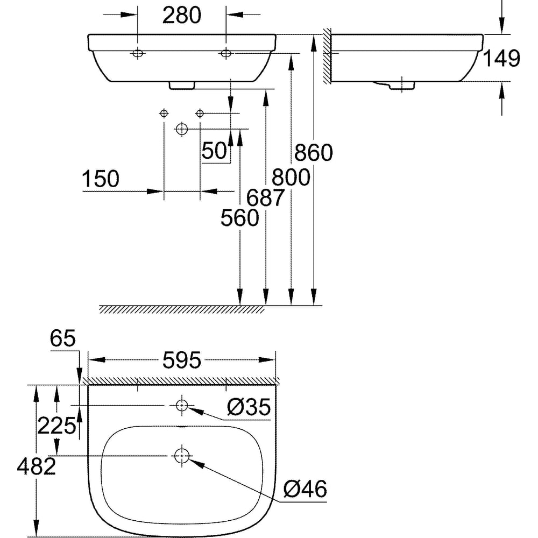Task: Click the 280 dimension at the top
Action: tap(181, 16)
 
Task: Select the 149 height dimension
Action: tap(501, 58)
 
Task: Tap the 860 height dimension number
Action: tap(313, 153)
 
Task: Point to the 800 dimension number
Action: tap(291, 178)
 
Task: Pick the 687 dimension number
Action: tap(266, 197)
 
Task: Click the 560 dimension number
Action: tap(239, 218)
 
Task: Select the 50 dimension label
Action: tap(215, 150)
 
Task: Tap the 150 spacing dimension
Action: tap(101, 179)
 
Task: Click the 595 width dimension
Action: tap(181, 360)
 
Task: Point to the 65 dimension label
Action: tap(62, 338)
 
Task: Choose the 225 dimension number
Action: tap(56, 426)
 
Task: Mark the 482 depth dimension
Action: tap(37, 466)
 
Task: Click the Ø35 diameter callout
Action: tap(249, 407)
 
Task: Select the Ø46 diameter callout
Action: tap(306, 489)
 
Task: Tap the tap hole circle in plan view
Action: tap(181, 405)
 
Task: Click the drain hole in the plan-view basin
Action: tap(182, 456)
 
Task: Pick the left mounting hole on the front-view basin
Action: tap(138, 53)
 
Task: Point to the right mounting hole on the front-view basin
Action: tap(226, 53)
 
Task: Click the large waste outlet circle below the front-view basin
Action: tap(181, 129)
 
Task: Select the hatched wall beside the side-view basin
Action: tap(327, 56)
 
